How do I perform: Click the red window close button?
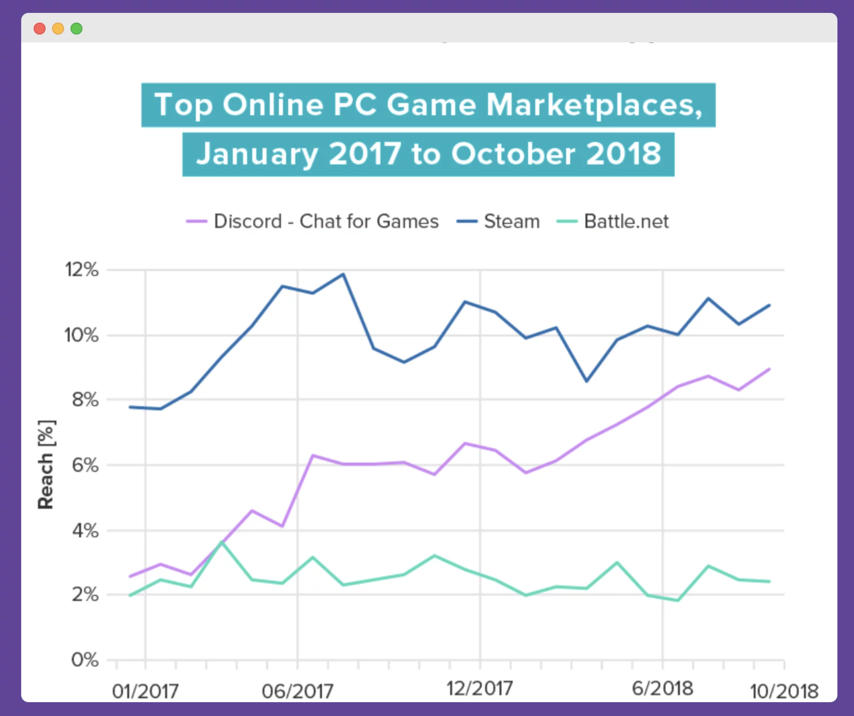click(x=40, y=29)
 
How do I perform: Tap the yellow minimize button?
click(x=58, y=29)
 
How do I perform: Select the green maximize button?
click(x=76, y=29)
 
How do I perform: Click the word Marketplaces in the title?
click(x=594, y=105)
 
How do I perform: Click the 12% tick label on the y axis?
click(x=82, y=270)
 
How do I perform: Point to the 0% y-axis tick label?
click(x=85, y=660)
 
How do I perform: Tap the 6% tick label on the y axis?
click(x=85, y=465)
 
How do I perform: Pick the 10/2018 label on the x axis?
click(x=784, y=691)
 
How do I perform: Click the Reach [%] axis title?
click(x=47, y=464)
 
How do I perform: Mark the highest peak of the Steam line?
click(x=343, y=274)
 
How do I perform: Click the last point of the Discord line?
click(x=769, y=369)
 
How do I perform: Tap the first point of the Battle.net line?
click(x=130, y=595)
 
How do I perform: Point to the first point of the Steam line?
click(x=130, y=407)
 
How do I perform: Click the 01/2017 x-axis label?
click(x=145, y=691)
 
